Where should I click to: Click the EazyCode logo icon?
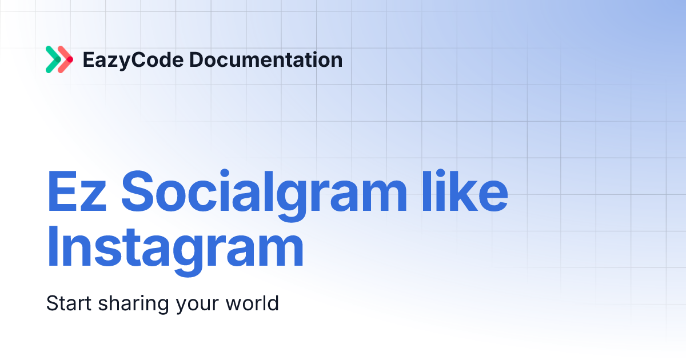[x=59, y=59]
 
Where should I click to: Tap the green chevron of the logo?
[x=53, y=59]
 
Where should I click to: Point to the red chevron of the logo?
[x=66, y=59]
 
